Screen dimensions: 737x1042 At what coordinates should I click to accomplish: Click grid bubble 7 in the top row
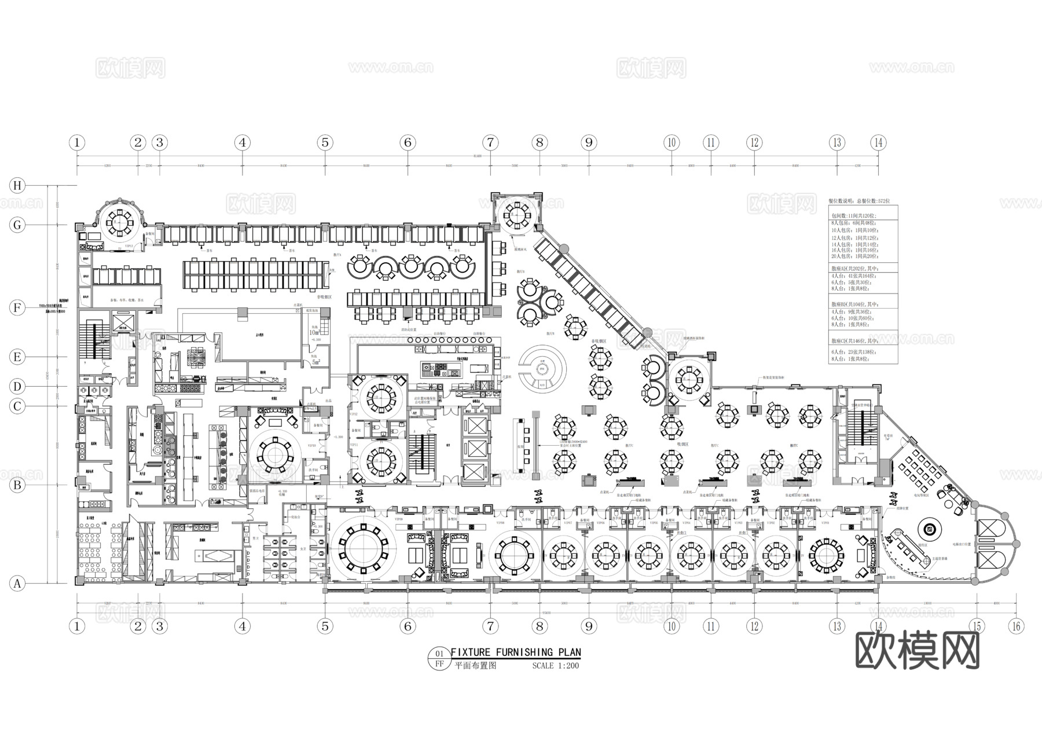(490, 142)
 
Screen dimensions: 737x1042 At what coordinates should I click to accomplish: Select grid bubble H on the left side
(18, 185)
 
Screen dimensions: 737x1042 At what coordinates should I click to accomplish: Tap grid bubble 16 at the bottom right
(1016, 626)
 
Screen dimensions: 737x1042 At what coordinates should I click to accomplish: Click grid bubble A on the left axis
(18, 584)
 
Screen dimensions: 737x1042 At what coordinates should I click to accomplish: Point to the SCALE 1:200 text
(555, 665)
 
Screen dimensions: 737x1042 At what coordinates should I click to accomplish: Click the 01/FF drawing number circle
(439, 659)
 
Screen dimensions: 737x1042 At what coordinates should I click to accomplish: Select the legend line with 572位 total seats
(860, 201)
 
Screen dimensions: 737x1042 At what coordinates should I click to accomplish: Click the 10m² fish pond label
(315, 332)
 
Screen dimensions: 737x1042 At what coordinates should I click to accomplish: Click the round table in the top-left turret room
(120, 222)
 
